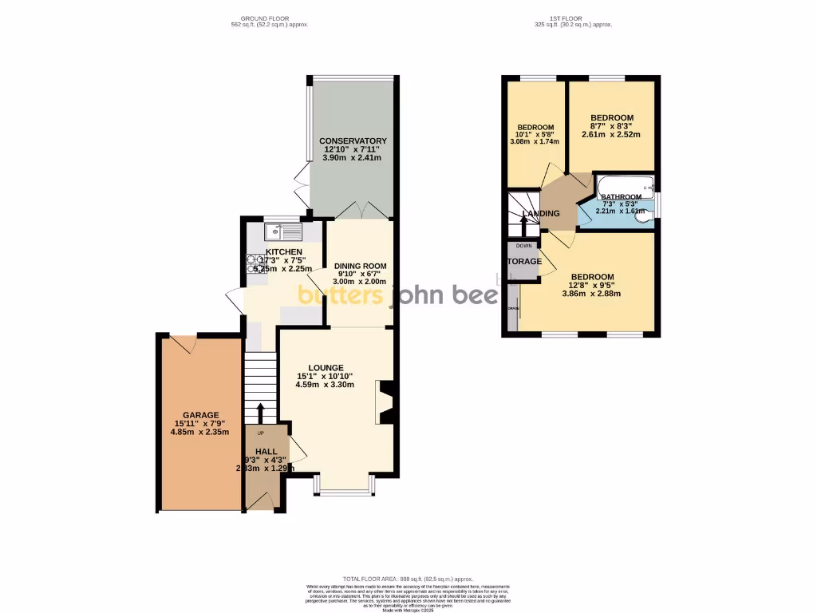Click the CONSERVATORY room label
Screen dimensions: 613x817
pyautogui.click(x=352, y=141)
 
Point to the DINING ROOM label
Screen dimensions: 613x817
pyautogui.click(x=360, y=267)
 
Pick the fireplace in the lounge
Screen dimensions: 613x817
pyautogui.click(x=386, y=402)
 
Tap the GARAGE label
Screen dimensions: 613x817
pyautogui.click(x=200, y=415)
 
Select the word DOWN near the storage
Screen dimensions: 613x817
pyautogui.click(x=523, y=246)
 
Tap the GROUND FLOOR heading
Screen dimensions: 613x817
pyautogui.click(x=266, y=18)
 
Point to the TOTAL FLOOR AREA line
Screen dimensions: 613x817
pyautogui.click(x=408, y=579)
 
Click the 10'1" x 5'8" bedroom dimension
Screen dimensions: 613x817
pyautogui.click(x=535, y=135)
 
